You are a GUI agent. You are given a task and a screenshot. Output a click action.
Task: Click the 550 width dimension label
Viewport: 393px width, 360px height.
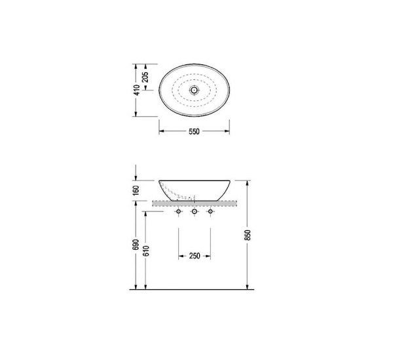[x=194, y=131]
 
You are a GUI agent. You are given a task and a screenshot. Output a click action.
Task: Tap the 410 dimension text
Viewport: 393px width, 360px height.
[x=137, y=90]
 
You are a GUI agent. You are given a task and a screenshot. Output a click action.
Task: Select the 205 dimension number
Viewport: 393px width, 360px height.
[x=145, y=77]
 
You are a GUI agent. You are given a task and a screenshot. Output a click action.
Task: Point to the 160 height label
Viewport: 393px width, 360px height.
[x=136, y=190]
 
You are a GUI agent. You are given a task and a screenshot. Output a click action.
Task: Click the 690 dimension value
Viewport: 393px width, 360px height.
[x=136, y=245]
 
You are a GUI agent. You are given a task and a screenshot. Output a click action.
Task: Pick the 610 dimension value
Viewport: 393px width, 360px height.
[x=146, y=251]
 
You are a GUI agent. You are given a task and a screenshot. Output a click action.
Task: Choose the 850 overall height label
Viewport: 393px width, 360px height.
[x=248, y=235]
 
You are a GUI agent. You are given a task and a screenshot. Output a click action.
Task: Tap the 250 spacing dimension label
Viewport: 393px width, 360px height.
[x=195, y=256]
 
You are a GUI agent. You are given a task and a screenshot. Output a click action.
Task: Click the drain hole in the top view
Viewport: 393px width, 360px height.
[x=194, y=90]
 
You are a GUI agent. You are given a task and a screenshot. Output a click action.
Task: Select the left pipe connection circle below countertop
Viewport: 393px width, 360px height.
[x=178, y=212]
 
